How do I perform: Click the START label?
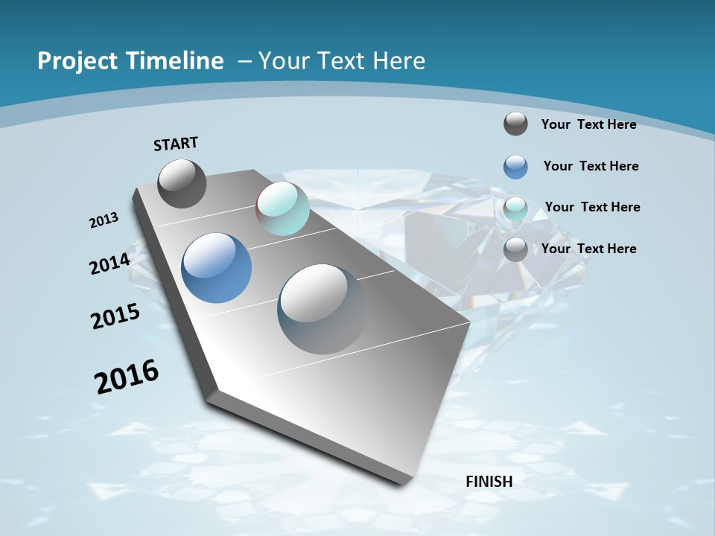click(x=176, y=144)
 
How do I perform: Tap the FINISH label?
click(x=489, y=482)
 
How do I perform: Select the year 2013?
click(x=104, y=220)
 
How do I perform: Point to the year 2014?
click(x=109, y=264)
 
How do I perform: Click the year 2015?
click(x=115, y=316)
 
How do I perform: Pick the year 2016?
click(x=127, y=377)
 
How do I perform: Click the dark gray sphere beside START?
click(x=182, y=183)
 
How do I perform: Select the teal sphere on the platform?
click(x=282, y=208)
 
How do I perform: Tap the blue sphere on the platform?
click(x=216, y=268)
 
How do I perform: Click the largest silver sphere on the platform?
click(x=322, y=308)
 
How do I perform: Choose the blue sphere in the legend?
click(x=515, y=167)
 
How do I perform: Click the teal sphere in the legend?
click(x=515, y=208)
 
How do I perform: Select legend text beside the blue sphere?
click(x=591, y=166)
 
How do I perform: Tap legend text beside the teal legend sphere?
click(x=592, y=207)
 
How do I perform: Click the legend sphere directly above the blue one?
click(x=515, y=124)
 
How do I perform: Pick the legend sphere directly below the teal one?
click(x=515, y=249)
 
